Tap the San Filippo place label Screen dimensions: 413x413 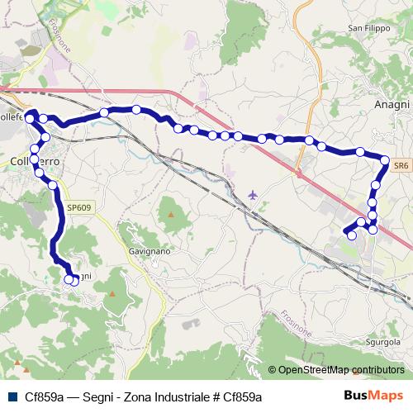pos(367,28)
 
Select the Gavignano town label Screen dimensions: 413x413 pos(149,249)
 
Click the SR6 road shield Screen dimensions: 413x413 pos(401,166)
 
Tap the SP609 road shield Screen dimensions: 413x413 pos(78,207)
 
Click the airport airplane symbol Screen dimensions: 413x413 pos(253,195)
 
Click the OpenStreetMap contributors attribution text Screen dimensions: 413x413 pos(340,370)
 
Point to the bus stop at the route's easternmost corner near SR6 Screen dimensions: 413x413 pos(385,159)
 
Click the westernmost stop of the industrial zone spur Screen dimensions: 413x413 pos(351,235)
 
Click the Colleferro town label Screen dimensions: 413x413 pos(33,159)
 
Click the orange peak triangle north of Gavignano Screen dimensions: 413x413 pos(172,213)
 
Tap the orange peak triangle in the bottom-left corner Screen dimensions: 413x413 pos(16,364)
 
